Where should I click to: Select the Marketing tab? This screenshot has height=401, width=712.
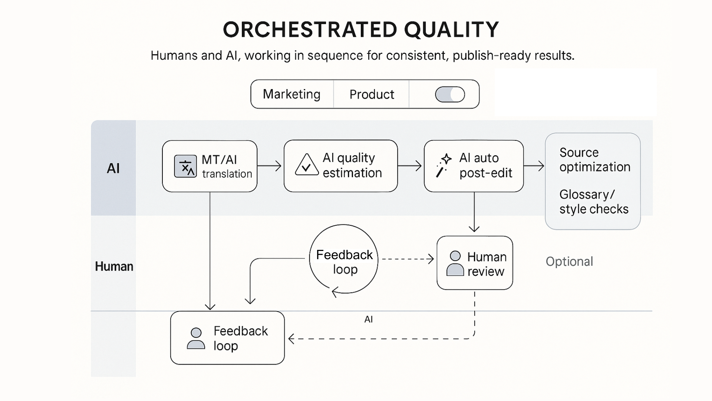[291, 94]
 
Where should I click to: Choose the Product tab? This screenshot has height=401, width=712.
[372, 94]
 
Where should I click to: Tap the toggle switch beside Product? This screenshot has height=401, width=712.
[450, 94]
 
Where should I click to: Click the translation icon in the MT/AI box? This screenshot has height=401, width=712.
[185, 166]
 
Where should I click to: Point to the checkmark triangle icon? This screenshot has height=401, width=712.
[307, 165]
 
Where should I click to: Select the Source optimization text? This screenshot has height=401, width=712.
[594, 160]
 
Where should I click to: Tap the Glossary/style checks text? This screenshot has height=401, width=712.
[594, 202]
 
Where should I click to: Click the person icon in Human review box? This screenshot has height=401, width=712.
[455, 263]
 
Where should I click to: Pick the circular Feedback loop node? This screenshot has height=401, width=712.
[344, 259]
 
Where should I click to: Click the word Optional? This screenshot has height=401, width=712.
[569, 261]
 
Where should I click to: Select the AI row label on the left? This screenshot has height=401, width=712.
[113, 169]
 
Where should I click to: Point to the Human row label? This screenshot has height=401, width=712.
[114, 266]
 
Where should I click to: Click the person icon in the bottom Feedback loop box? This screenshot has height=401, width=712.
[196, 338]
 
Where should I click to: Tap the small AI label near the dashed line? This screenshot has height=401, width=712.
[368, 319]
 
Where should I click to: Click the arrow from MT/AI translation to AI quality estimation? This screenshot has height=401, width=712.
[270, 166]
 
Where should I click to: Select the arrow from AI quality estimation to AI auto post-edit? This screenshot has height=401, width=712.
[410, 166]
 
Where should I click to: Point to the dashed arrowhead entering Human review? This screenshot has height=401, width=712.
[431, 259]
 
